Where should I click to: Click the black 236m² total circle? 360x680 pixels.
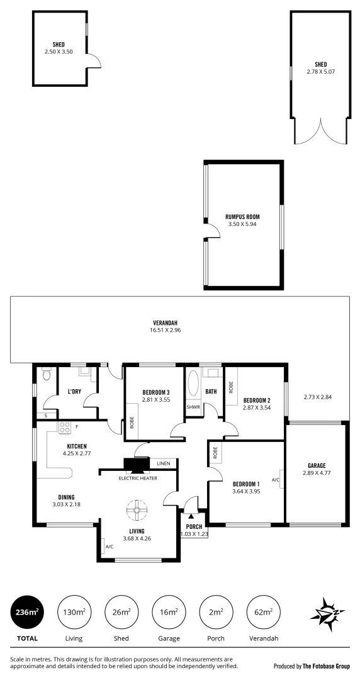[27, 611]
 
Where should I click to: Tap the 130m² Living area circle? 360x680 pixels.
[74, 611]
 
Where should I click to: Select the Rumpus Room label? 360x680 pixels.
[242, 217]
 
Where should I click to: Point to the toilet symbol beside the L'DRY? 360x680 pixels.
[47, 375]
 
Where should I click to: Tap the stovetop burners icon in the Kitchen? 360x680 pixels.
[64, 428]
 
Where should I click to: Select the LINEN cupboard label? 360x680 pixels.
[163, 463]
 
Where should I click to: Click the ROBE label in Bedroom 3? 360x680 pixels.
[132, 422]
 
